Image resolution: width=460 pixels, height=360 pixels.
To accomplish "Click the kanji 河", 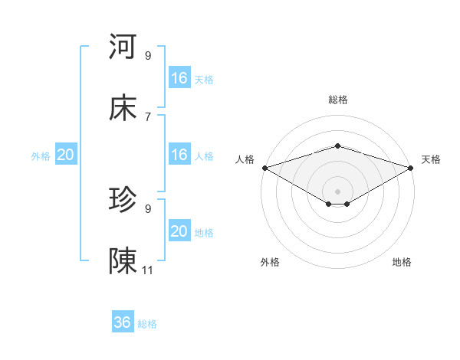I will (x=123, y=47).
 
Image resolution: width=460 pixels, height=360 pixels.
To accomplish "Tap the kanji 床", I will (x=123, y=109).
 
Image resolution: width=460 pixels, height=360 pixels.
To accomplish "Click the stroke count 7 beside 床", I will (x=148, y=116).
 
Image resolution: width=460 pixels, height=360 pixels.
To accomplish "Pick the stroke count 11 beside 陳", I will (x=148, y=270).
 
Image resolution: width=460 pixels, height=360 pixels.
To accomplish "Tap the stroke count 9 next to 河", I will (x=148, y=55).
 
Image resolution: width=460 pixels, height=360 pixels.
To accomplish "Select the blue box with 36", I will (x=123, y=322).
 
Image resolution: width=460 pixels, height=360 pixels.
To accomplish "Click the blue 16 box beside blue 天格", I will (x=179, y=77).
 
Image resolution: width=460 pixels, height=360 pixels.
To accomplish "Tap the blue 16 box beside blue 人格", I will (x=179, y=154).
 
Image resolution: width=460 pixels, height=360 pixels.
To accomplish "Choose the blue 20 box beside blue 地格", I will (x=179, y=231).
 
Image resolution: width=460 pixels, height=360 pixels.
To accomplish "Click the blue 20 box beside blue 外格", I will (x=66, y=155).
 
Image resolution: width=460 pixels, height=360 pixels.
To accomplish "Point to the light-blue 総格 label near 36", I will (x=147, y=324).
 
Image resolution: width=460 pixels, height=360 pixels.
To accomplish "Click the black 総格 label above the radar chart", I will (x=337, y=100).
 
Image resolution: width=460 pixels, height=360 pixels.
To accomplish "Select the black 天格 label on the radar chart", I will (x=431, y=159).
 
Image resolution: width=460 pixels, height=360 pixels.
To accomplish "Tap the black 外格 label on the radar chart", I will (x=270, y=262).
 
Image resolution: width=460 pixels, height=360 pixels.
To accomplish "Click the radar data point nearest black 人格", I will (x=264, y=167).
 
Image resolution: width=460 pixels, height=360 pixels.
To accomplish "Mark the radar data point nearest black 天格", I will (x=411, y=167).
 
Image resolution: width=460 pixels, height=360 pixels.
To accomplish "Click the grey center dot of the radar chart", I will (x=337, y=191).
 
